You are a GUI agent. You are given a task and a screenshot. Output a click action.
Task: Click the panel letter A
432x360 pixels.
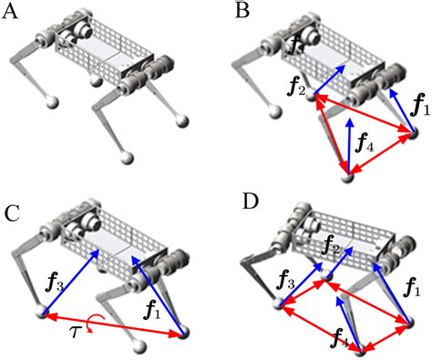[x=13, y=13]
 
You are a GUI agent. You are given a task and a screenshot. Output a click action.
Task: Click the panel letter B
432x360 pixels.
[x=242, y=11]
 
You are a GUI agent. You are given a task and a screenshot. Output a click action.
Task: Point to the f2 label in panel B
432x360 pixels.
[x=295, y=88]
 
